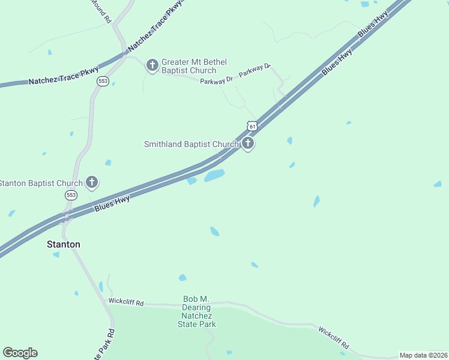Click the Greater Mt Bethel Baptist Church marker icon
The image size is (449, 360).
(x=152, y=65)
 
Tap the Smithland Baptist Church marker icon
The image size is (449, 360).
(x=248, y=143)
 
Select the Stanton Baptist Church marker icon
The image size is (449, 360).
(x=92, y=182)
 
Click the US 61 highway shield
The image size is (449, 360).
(x=253, y=126)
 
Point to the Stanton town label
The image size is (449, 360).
(x=64, y=245)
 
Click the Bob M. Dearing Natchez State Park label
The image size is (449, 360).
(x=196, y=311)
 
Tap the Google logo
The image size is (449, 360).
(x=20, y=353)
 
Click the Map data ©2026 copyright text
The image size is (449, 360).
(x=423, y=355)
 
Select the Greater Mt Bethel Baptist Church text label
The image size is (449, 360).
(x=188, y=66)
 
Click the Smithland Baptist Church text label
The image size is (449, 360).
(x=191, y=144)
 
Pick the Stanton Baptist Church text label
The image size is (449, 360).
(x=40, y=183)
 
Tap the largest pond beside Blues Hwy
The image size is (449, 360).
(x=214, y=175)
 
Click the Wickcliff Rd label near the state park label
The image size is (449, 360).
(x=126, y=302)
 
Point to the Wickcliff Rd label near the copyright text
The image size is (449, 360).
(x=333, y=338)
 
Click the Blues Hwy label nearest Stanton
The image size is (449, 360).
(x=112, y=203)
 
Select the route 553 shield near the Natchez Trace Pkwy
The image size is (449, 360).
(x=103, y=81)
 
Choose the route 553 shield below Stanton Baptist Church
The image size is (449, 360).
(x=71, y=196)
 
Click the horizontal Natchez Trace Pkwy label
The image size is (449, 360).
(x=64, y=76)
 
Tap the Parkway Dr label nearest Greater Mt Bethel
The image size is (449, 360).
(x=217, y=79)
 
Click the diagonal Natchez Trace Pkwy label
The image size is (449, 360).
(x=151, y=28)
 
